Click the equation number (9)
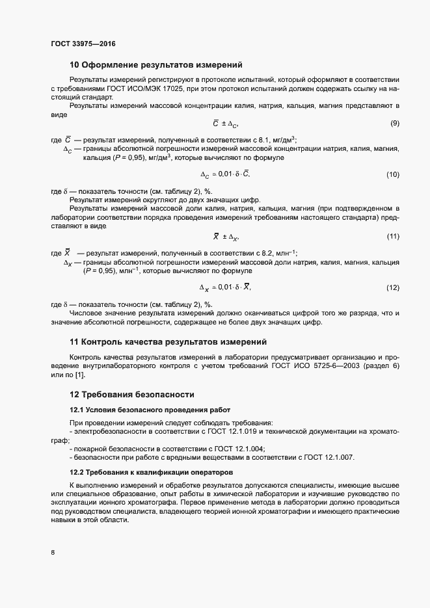[x=394, y=124]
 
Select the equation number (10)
[x=392, y=174]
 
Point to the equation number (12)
[x=392, y=287]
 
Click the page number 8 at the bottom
[x=53, y=553]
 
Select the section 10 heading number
[x=74, y=64]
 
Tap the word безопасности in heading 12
[x=164, y=394]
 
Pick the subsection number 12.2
[x=77, y=471]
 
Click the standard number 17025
[x=198, y=88]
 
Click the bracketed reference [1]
[x=79, y=375]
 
